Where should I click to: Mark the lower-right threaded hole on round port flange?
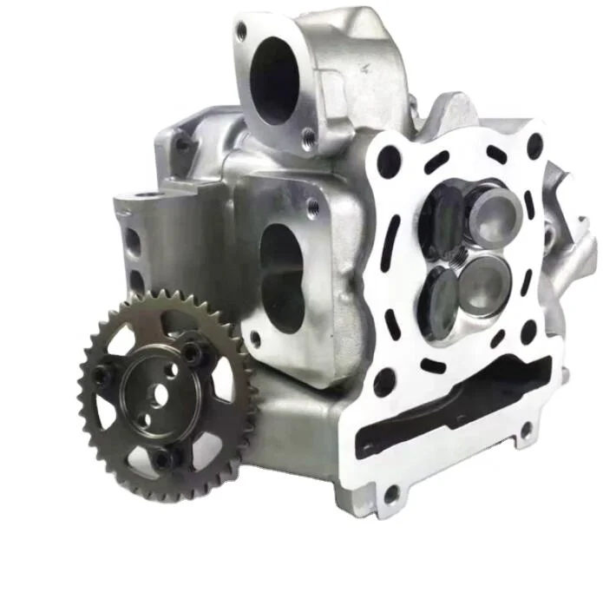pyautogui.click(x=308, y=135)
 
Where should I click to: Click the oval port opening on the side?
pyautogui.click(x=283, y=265)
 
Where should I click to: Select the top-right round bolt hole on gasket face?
pyautogui.click(x=534, y=145)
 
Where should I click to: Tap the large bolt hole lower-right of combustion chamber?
pyautogui.click(x=528, y=329)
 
